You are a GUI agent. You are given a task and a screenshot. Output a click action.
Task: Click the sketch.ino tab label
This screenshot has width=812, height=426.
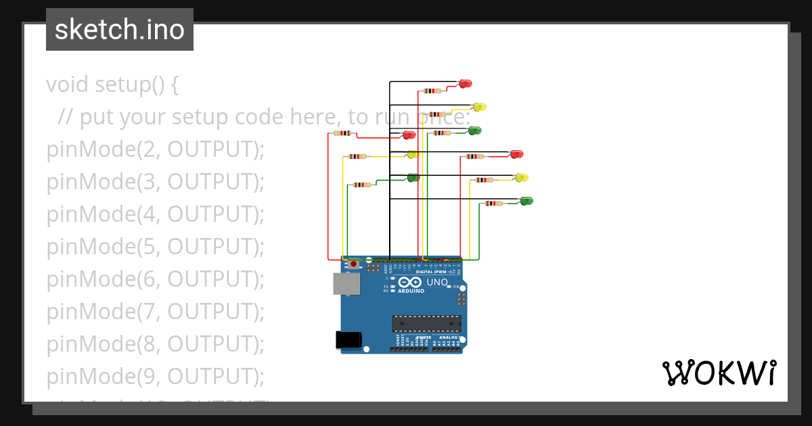(x=120, y=30)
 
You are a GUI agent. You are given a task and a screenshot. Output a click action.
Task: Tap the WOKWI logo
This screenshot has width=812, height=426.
(x=719, y=373)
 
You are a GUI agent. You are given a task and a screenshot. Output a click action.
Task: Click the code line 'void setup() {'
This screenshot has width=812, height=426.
(x=112, y=85)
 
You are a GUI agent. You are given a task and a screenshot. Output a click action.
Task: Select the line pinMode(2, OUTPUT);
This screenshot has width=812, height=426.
(x=155, y=149)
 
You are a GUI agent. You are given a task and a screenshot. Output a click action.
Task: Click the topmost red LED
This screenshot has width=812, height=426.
(x=465, y=84)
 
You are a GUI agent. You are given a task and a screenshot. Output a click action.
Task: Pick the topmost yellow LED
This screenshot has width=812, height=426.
(x=479, y=107)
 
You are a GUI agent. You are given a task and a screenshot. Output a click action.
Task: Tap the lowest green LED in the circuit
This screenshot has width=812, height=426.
(x=526, y=201)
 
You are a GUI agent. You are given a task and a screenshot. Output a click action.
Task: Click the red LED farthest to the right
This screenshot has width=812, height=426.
(x=516, y=154)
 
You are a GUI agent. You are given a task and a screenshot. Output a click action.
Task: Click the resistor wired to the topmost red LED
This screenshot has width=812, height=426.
(x=432, y=91)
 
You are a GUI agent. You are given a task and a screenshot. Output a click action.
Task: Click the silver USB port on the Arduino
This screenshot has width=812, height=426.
(x=346, y=284)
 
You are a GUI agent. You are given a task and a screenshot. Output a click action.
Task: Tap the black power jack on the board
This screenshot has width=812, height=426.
(x=348, y=340)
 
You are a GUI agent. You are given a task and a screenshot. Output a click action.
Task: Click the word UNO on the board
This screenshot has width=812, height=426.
(x=436, y=282)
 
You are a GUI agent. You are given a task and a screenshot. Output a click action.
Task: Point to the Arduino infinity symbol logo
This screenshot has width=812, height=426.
(x=409, y=282)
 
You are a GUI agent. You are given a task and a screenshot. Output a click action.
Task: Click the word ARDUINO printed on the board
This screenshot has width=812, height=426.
(x=411, y=291)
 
